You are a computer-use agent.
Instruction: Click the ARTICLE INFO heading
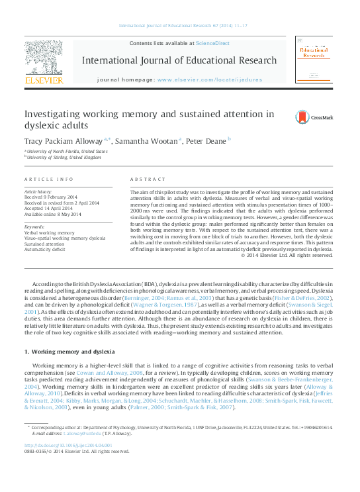48,179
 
